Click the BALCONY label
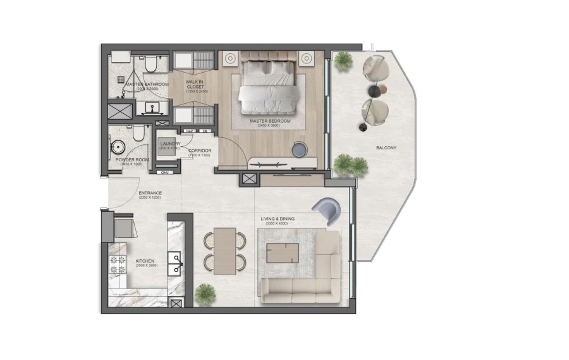[386, 148]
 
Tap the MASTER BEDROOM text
[269, 121]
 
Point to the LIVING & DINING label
[278, 220]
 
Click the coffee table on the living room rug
[283, 252]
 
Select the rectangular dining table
[224, 251]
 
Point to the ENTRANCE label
[150, 193]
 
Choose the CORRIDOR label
[199, 151]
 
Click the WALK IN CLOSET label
[194, 84]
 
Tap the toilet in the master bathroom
[150, 64]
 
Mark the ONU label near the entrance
[165, 172]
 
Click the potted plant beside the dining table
[205, 294]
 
